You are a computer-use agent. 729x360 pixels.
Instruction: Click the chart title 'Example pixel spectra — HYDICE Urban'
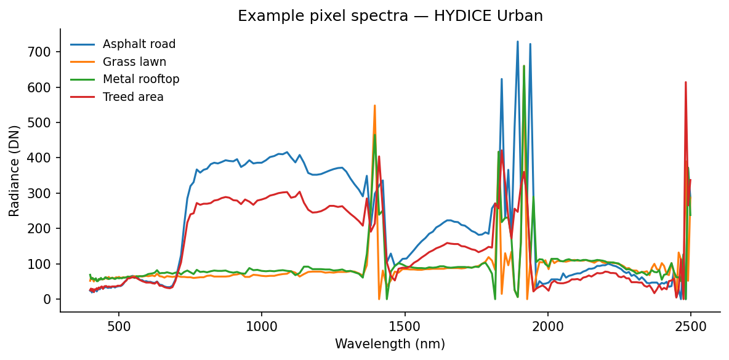[x=390, y=16]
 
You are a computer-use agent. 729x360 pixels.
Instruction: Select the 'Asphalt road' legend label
[x=139, y=44]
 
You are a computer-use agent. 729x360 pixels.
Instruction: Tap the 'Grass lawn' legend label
[x=134, y=62]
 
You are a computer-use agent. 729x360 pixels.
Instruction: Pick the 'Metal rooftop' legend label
[x=141, y=79]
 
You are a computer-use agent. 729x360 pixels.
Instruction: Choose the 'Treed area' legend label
[x=133, y=97]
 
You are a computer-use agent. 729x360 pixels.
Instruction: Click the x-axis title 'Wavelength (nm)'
[x=390, y=344]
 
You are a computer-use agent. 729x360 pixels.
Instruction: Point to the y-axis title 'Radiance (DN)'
[x=15, y=170]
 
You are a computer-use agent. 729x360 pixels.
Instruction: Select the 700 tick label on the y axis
[x=42, y=52]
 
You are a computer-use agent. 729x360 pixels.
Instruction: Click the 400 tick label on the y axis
[x=42, y=158]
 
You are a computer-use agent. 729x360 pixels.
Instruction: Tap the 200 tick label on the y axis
[x=42, y=229]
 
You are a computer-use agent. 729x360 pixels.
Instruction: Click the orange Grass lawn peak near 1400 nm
[x=374, y=106]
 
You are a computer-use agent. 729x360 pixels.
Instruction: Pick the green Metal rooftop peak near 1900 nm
[x=524, y=66]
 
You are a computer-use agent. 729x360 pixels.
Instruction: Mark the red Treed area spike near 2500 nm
[x=685, y=82]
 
